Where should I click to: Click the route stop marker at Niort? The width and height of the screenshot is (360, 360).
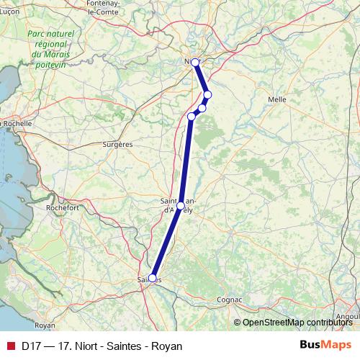click(x=195, y=63)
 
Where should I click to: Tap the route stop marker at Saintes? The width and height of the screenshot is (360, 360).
click(x=152, y=278)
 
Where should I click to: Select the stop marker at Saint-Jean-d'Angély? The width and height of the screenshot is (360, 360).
click(x=180, y=206)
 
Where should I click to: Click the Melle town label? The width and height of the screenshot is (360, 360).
click(x=276, y=99)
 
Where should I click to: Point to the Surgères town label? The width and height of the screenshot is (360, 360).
click(x=118, y=144)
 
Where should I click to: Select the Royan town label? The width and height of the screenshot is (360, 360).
click(x=45, y=325)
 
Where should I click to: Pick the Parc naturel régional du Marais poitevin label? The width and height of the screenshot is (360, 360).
click(x=50, y=48)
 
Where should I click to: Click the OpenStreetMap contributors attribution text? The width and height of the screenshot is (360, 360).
click(x=297, y=323)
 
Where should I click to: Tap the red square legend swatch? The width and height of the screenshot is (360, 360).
click(x=10, y=346)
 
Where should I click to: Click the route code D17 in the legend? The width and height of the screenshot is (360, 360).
click(x=31, y=346)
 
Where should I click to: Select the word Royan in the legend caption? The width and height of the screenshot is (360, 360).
click(x=166, y=346)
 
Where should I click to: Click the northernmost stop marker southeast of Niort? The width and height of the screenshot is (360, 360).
click(x=207, y=95)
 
